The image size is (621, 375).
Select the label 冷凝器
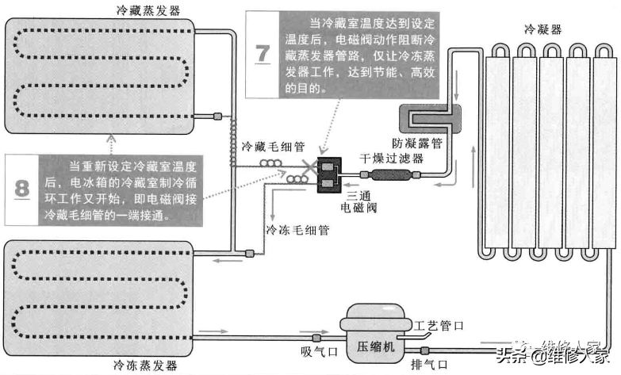click(542, 29)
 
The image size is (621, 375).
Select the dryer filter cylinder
click(384, 174)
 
